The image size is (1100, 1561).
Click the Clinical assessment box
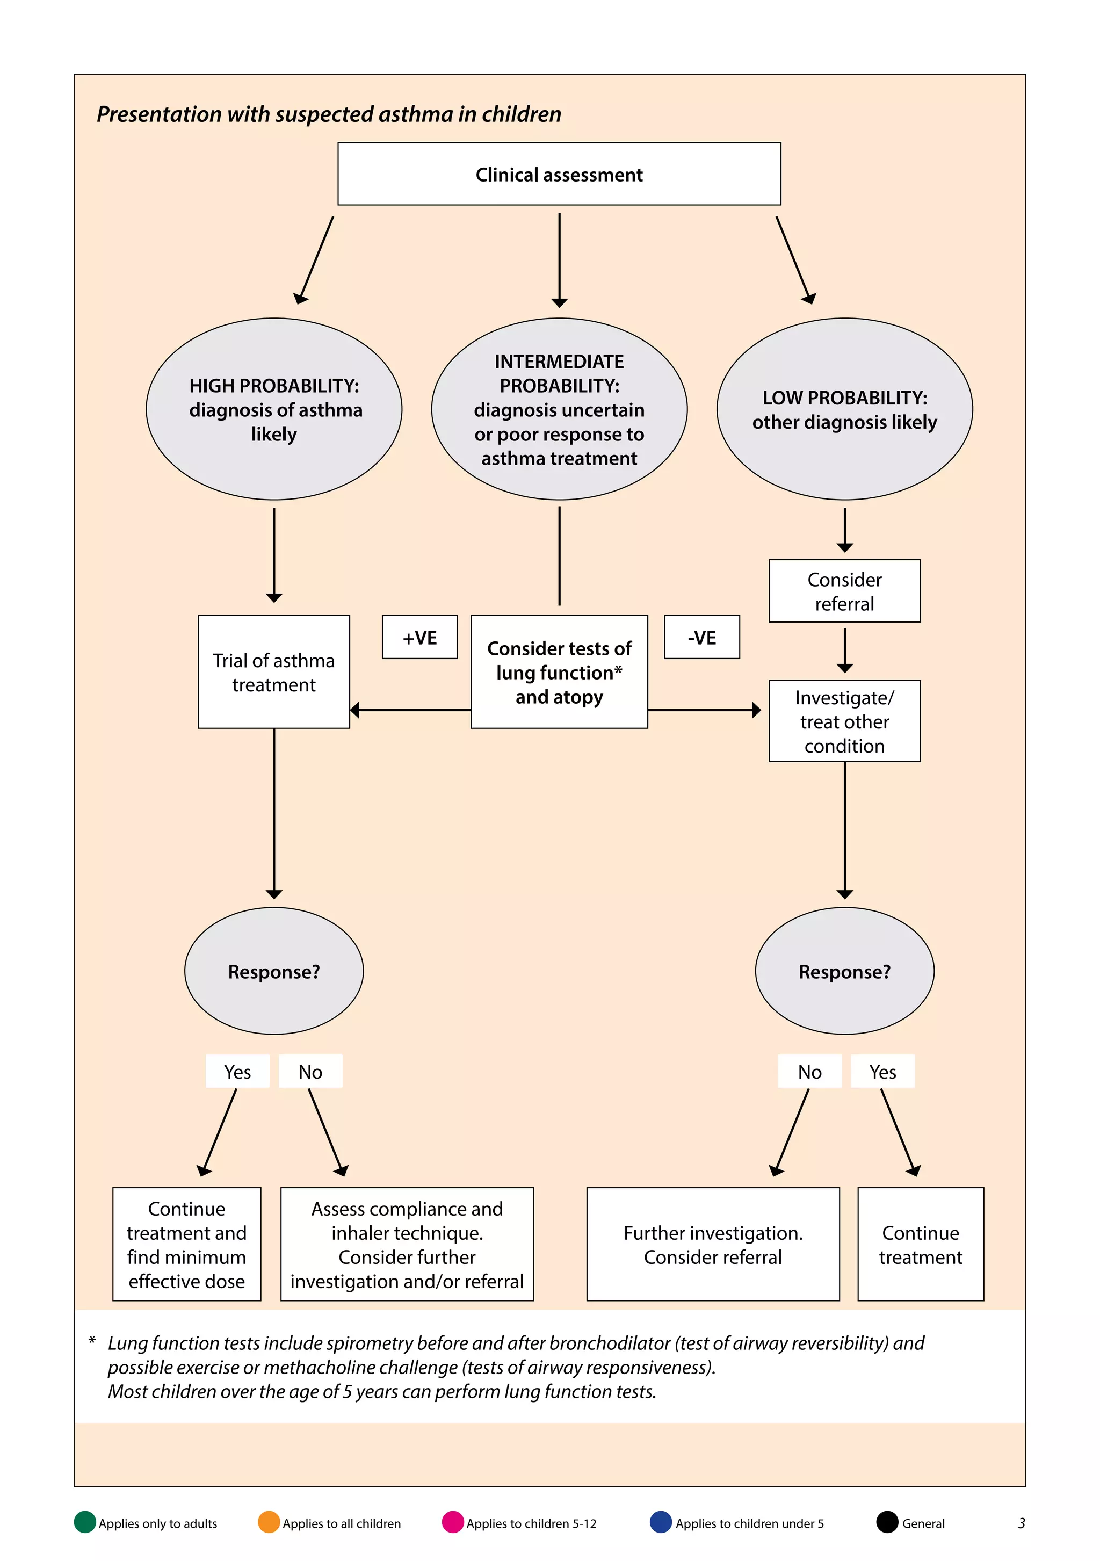tap(559, 174)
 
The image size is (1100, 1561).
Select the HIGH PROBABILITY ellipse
tap(274, 409)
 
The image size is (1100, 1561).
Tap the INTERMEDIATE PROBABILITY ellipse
tap(559, 409)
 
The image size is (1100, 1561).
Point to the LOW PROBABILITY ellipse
tap(844, 409)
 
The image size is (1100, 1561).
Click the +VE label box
tap(419, 637)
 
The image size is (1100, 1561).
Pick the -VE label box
tap(701, 637)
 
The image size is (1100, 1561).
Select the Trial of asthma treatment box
tap(274, 671)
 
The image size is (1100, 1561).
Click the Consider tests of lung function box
tap(559, 671)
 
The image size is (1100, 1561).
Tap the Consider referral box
tap(844, 591)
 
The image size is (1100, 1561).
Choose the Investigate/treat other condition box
tap(844, 721)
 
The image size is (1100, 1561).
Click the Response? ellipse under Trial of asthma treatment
tap(274, 971)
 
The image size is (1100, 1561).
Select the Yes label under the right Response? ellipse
tap(882, 1072)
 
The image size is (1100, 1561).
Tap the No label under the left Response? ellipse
tap(310, 1072)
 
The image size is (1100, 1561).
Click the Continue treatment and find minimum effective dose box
tap(187, 1244)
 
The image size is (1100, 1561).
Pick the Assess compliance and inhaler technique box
tap(407, 1244)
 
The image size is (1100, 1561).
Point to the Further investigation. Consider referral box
tap(713, 1244)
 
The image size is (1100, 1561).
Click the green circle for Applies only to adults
tap(85, 1522)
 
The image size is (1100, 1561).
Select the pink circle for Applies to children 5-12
tap(453, 1522)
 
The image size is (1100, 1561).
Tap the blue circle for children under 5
tap(661, 1522)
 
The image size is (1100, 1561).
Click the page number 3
tap(1021, 1523)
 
